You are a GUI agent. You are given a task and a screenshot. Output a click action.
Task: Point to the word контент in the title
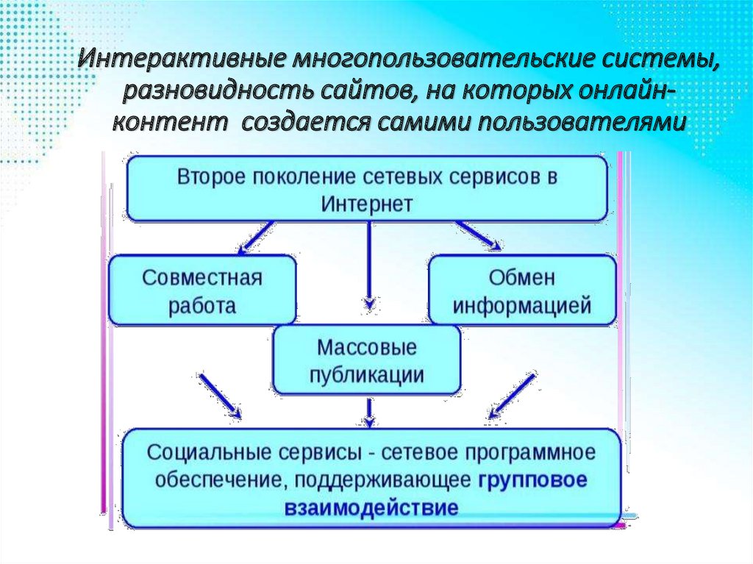(x=171, y=122)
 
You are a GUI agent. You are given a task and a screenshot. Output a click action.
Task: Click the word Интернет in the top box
(x=366, y=204)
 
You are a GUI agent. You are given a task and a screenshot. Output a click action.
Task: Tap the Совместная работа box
(x=202, y=290)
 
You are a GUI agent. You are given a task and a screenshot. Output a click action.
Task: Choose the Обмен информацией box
(x=522, y=290)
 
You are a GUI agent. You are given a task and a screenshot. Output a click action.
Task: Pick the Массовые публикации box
(x=367, y=360)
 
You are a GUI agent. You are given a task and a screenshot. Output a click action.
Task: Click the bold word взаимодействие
(x=371, y=507)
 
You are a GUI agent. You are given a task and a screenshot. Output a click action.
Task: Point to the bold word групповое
(x=533, y=480)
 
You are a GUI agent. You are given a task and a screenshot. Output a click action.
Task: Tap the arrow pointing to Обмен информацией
(x=478, y=236)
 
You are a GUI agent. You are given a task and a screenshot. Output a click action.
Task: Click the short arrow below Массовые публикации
(x=369, y=413)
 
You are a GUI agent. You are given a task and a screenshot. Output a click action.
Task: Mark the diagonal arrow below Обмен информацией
(x=512, y=395)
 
